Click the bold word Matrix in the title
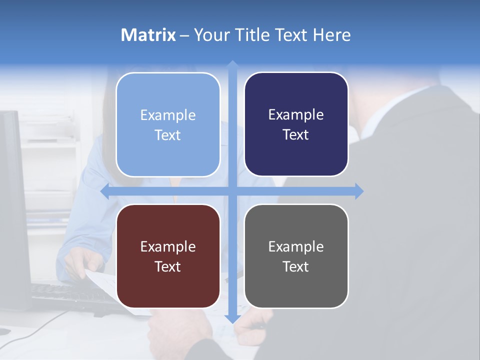coord(148,35)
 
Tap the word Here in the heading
coord(332,35)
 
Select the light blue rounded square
coord(168,124)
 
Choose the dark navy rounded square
coord(296,124)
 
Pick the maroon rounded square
coord(168,256)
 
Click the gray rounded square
coord(296,256)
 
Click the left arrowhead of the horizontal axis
coord(104,191)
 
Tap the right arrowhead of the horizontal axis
coord(359,191)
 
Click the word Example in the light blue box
coord(168,115)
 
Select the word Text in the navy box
coord(296,134)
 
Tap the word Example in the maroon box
coord(168,246)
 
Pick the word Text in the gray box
coord(296,266)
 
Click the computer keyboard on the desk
coord(70,295)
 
